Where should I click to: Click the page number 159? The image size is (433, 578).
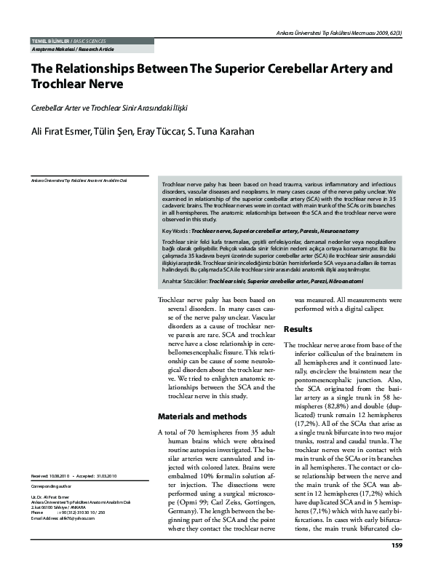pyautogui.click(x=397, y=565)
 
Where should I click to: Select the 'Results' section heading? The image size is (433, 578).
pyautogui.click(x=298, y=329)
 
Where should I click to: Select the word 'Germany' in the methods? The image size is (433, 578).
pyautogui.click(x=177, y=512)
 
